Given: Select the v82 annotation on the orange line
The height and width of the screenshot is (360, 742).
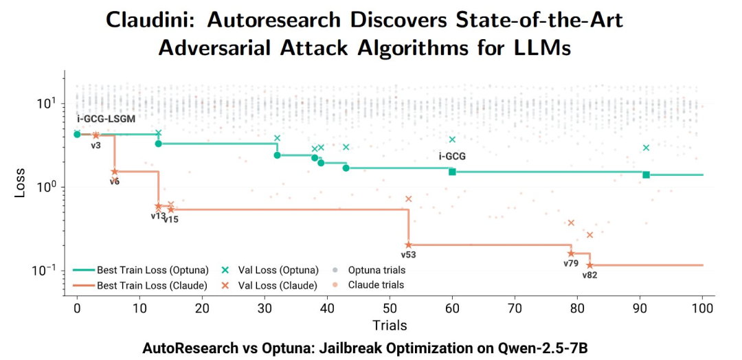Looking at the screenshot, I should point(589,275).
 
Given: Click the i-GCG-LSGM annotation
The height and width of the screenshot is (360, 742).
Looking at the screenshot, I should point(106,119).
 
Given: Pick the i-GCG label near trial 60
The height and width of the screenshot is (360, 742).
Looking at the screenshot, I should point(452,157).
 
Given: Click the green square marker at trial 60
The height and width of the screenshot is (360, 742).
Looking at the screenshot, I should point(452,171).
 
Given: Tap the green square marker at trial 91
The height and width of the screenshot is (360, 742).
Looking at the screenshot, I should point(646,175).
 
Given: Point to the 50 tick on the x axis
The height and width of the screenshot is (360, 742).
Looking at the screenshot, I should point(390,309).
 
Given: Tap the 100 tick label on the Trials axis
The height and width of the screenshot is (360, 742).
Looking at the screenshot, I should point(702,309).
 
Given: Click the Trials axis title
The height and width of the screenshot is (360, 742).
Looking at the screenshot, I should point(390,325).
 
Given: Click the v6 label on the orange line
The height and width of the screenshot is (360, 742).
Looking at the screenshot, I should point(114,181).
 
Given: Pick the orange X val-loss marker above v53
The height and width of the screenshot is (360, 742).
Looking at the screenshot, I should point(408,199).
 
